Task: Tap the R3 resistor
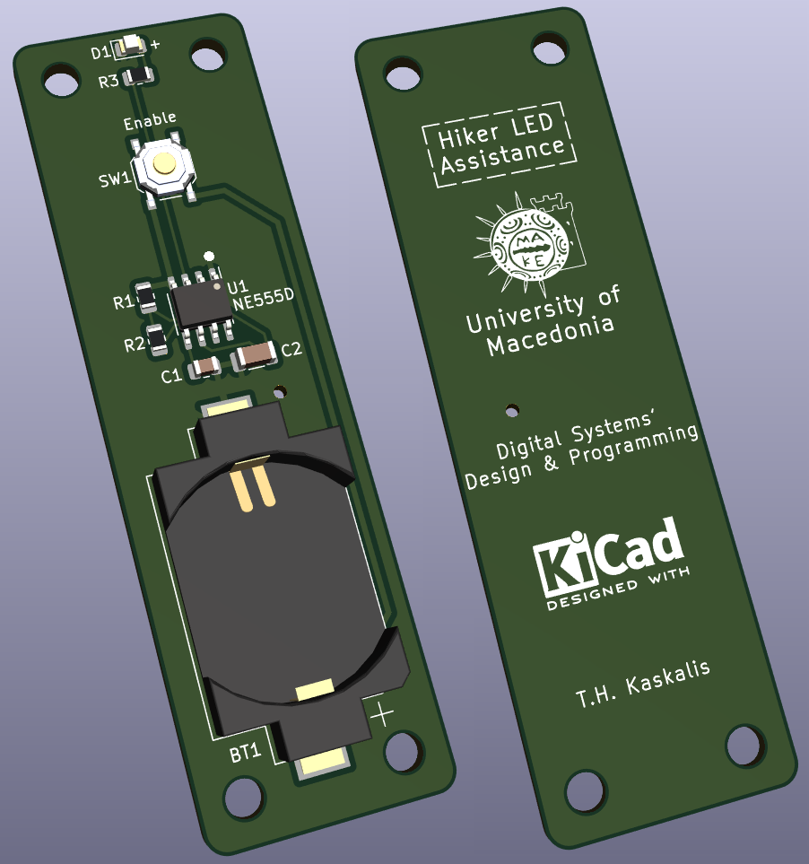click(x=138, y=75)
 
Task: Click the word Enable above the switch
click(x=150, y=121)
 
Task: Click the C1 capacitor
click(x=204, y=366)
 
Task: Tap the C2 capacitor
click(x=256, y=355)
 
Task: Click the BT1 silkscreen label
click(x=245, y=753)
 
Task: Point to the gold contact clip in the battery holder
click(x=253, y=483)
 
